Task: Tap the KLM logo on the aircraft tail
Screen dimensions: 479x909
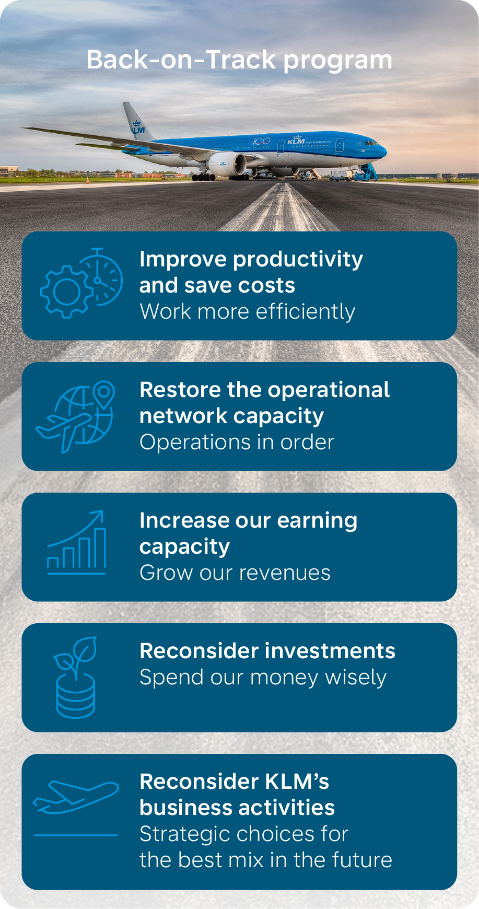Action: [x=138, y=127]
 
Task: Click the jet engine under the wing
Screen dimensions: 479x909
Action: [x=227, y=164]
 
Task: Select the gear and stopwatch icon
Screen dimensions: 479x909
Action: [x=81, y=283]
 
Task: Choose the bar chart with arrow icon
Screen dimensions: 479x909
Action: [x=77, y=542]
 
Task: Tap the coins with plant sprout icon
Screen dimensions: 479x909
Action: [x=76, y=677]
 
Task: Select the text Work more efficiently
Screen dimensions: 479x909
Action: [x=248, y=312]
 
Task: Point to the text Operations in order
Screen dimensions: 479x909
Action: [x=237, y=442]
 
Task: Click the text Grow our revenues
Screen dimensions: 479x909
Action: [x=235, y=573]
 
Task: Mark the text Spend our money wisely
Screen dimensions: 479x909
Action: [x=263, y=678]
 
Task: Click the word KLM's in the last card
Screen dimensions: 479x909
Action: [x=297, y=782]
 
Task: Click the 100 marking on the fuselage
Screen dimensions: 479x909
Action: [x=261, y=142]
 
